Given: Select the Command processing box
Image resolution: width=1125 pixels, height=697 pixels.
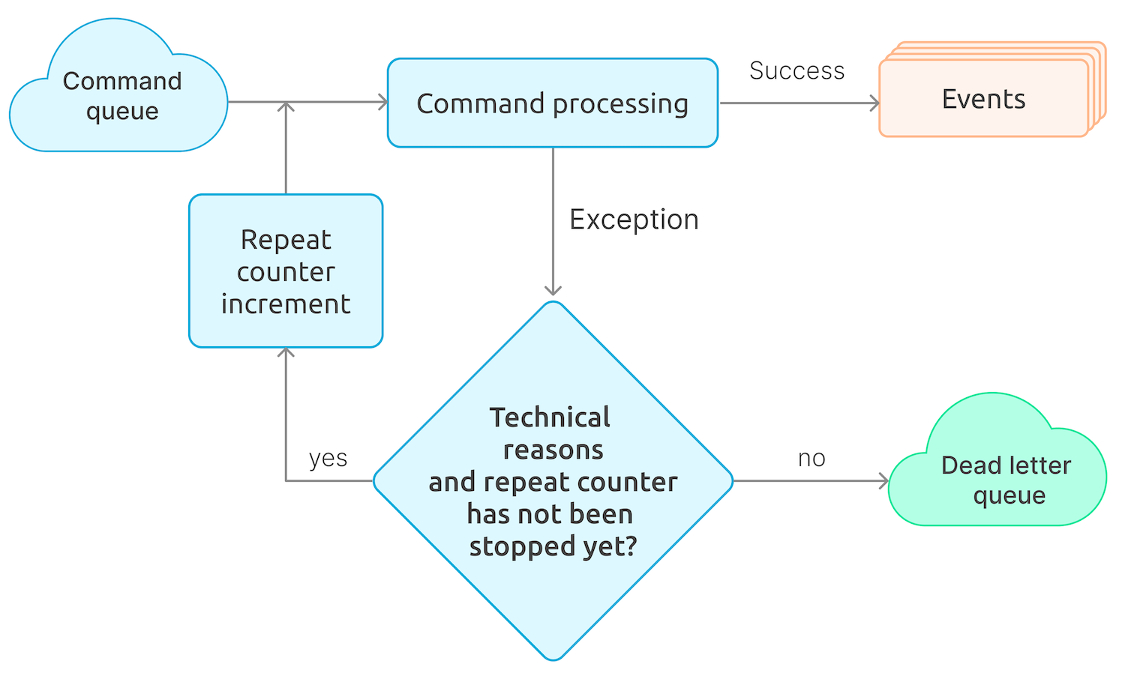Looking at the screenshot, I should (x=552, y=103).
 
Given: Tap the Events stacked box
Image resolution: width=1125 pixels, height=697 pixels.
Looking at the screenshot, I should (x=983, y=99).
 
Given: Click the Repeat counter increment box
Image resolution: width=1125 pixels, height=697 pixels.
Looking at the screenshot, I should (x=286, y=271).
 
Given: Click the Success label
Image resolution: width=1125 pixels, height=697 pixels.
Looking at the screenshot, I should (x=796, y=70).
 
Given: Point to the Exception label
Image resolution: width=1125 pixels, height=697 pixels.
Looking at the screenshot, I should (x=634, y=220).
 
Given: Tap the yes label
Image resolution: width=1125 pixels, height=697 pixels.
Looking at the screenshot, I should (x=328, y=458).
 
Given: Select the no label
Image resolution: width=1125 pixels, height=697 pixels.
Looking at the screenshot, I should (x=811, y=458).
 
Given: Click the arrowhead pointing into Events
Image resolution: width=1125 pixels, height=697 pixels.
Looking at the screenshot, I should (x=874, y=103).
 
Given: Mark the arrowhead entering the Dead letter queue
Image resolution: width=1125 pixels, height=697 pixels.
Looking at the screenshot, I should (x=884, y=481).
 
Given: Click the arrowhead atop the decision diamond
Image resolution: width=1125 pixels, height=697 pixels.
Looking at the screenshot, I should (x=553, y=291).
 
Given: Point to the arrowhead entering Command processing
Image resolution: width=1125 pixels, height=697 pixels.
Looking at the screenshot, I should (x=382, y=102).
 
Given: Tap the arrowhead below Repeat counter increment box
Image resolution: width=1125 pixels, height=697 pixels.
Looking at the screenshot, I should (x=286, y=352).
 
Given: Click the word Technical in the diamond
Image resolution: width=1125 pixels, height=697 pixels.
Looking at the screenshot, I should (x=550, y=417).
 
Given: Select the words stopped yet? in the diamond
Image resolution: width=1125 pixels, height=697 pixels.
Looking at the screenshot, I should (x=553, y=546).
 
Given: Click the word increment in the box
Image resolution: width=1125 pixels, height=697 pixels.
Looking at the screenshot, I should (x=286, y=304).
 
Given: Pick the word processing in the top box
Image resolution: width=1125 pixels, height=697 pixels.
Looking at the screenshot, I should (x=619, y=104).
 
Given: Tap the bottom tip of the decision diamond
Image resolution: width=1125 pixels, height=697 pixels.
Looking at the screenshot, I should (x=553, y=659).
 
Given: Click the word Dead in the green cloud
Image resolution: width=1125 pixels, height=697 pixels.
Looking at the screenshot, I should (x=967, y=465).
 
